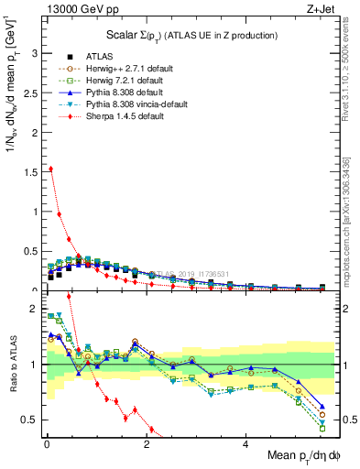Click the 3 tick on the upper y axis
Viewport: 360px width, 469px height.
click(33, 53)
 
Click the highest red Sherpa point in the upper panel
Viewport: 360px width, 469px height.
click(49, 169)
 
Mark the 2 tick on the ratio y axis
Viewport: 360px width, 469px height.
click(33, 310)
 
